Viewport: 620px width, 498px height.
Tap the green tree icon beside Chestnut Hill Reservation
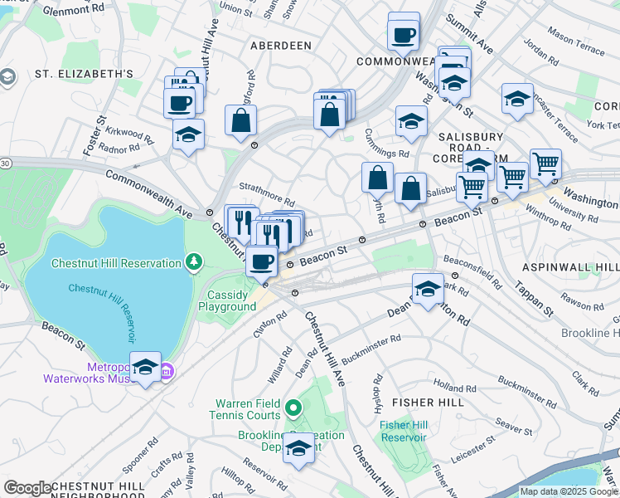point(194,263)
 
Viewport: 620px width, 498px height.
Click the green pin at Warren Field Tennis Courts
point(293,408)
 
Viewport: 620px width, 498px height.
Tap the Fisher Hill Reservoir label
point(403,432)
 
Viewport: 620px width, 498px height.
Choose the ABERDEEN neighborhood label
point(281,46)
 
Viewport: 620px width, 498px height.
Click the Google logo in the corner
point(27,487)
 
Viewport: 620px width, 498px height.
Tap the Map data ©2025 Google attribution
point(569,491)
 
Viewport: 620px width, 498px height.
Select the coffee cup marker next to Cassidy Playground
point(262,261)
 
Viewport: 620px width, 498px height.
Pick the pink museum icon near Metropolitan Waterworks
point(166,370)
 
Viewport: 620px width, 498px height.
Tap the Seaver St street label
point(515,429)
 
